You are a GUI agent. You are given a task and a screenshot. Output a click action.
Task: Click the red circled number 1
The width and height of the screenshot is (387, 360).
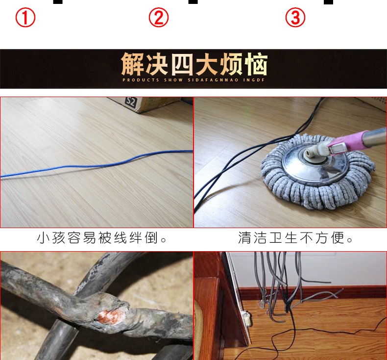tap(25, 18)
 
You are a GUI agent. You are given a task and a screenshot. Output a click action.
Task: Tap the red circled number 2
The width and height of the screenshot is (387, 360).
tap(158, 18)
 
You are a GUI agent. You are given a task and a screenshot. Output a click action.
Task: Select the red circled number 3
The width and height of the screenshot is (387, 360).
tap(295, 18)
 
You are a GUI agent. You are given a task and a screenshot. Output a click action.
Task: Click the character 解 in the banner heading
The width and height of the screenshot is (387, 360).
tap(133, 64)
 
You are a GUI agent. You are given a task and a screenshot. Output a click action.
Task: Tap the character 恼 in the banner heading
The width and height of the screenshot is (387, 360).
tap(255, 64)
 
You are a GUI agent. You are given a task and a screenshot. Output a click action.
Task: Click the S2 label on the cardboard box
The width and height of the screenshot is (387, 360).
tap(131, 102)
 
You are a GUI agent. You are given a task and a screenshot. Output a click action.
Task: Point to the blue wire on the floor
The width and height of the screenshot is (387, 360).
tap(98, 164)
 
